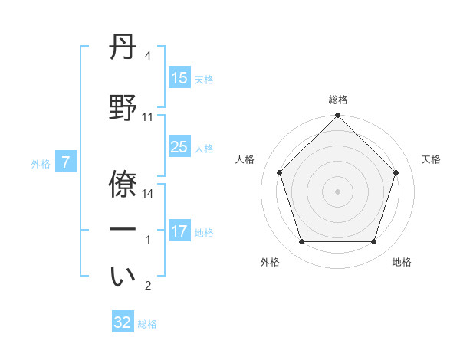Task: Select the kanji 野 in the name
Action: pyautogui.click(x=123, y=108)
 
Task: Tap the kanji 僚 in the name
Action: pyautogui.click(x=123, y=183)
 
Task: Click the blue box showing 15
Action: pyautogui.click(x=179, y=78)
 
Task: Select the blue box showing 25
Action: pyautogui.click(x=179, y=147)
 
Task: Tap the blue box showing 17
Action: pyautogui.click(x=179, y=231)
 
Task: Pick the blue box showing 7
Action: pyautogui.click(x=66, y=162)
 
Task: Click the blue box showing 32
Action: pyautogui.click(x=123, y=322)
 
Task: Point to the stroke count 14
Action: pyautogui.click(x=149, y=194)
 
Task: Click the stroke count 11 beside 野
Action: pyautogui.click(x=148, y=117)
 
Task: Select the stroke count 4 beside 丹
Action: pyautogui.click(x=148, y=57)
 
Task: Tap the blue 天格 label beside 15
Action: pyautogui.click(x=204, y=79)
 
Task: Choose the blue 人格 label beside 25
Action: pyautogui.click(x=204, y=148)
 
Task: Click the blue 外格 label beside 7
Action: pyautogui.click(x=41, y=163)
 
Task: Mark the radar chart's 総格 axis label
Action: pyautogui.click(x=338, y=100)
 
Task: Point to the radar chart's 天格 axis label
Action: pyautogui.click(x=432, y=159)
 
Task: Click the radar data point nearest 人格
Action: pyautogui.click(x=280, y=172)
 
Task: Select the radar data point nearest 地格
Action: pyautogui.click(x=373, y=242)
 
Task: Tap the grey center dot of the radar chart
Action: pyautogui.click(x=338, y=191)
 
